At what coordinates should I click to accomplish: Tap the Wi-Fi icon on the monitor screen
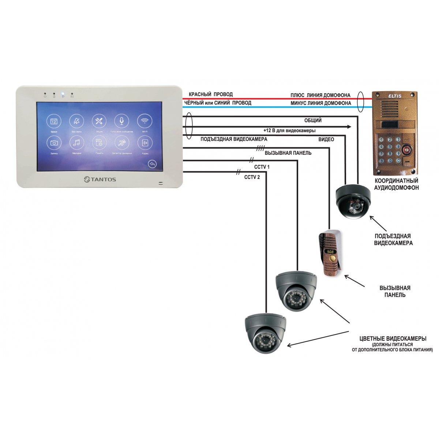(x=145, y=121)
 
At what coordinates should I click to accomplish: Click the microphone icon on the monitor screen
(x=121, y=121)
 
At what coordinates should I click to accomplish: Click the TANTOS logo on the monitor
(x=100, y=179)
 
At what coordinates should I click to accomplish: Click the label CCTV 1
(x=262, y=167)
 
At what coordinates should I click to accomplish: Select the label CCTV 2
(x=252, y=177)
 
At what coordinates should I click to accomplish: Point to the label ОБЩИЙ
(x=313, y=121)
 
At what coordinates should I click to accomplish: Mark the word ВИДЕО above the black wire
(x=326, y=139)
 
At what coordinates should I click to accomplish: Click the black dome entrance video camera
(x=353, y=201)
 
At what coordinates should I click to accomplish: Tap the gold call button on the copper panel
(x=332, y=259)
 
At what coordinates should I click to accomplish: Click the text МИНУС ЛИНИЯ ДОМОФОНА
(x=321, y=103)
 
